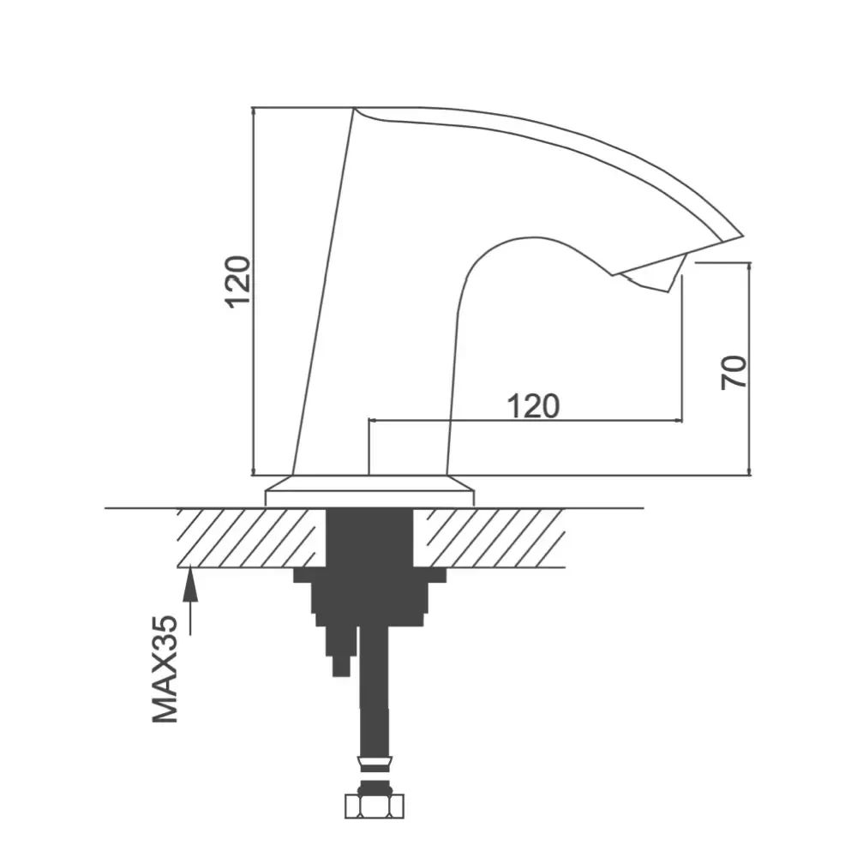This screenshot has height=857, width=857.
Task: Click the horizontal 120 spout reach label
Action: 533,406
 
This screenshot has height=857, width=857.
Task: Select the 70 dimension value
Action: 734,372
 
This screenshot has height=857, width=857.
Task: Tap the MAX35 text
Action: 165,669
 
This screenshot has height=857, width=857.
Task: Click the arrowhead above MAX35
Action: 190,582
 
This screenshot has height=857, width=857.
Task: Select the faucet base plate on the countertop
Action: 369,491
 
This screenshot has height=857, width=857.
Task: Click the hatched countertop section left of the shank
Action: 249,538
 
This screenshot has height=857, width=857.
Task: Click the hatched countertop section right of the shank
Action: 488,538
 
